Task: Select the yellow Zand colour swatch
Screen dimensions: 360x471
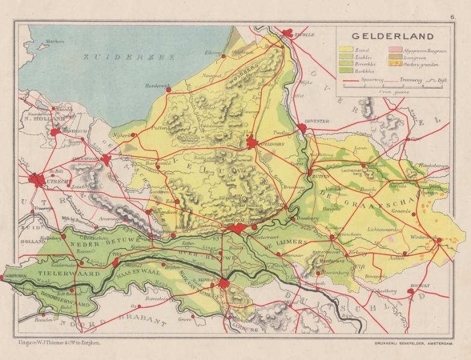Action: click(x=346, y=49)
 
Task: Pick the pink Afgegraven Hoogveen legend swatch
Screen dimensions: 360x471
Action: click(x=395, y=49)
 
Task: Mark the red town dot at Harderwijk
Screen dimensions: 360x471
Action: click(x=168, y=90)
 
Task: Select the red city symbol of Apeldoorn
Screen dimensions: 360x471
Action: click(x=252, y=142)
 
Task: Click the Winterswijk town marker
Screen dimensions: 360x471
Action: click(x=439, y=241)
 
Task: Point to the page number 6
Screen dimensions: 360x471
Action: click(x=452, y=17)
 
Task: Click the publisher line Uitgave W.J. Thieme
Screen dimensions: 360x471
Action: click(x=54, y=341)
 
